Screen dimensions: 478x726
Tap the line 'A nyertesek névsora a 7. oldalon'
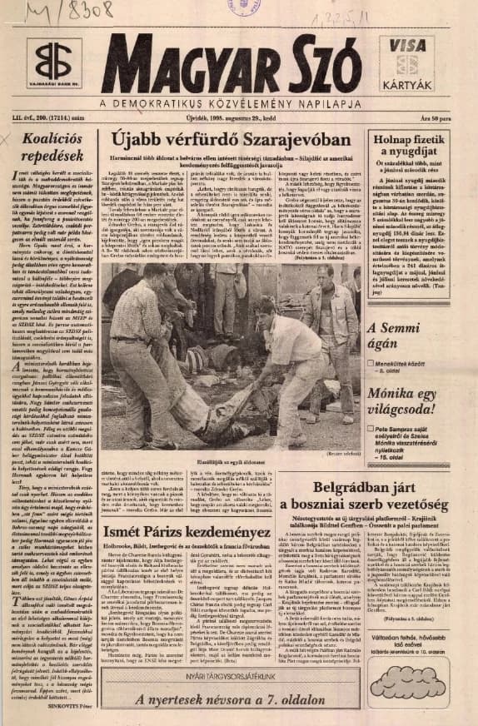[230, 698]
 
